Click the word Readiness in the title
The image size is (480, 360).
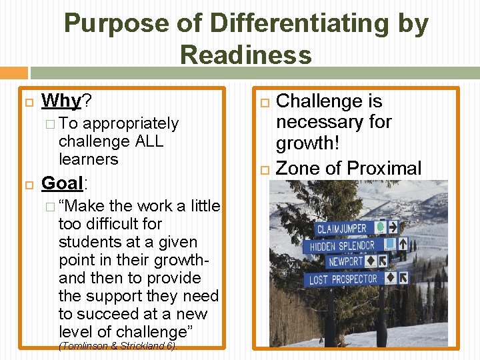click(x=246, y=55)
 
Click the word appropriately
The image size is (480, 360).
click(x=131, y=123)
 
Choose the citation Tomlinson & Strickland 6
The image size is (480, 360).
click(x=117, y=346)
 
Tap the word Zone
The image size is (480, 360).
click(x=297, y=168)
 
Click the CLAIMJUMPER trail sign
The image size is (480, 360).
click(x=341, y=229)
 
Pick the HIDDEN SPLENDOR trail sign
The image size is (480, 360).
click(x=343, y=246)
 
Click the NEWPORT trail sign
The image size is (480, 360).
click(x=346, y=262)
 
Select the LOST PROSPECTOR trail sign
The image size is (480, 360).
click(x=343, y=279)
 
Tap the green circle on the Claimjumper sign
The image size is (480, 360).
click(x=379, y=227)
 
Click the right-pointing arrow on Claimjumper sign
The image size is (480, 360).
click(x=392, y=227)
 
